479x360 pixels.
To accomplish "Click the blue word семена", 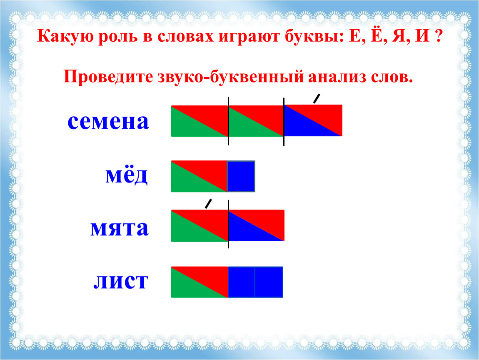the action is pos(108,122).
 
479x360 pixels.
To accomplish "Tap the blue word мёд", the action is pos(127,175).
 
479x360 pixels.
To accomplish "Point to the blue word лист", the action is pos(121,281).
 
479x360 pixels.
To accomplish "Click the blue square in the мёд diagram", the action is pos(241,176).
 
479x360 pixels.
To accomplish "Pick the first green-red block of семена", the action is pos(200,121).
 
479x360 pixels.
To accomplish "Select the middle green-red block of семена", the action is pos(256,121).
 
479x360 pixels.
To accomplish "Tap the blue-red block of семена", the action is pos(313,120).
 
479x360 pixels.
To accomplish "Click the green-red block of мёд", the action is pos(199,176).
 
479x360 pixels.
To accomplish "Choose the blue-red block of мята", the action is pos(257,225).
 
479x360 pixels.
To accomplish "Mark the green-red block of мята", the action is pos(200,226).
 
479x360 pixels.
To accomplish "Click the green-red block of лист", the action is pos(200,282).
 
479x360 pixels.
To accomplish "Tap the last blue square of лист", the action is pos(269,282).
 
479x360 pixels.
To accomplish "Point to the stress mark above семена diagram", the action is pos(317,99).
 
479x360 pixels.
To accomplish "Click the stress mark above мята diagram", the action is pos(208,203).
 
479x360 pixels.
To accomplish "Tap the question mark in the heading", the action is pos(438,36).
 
